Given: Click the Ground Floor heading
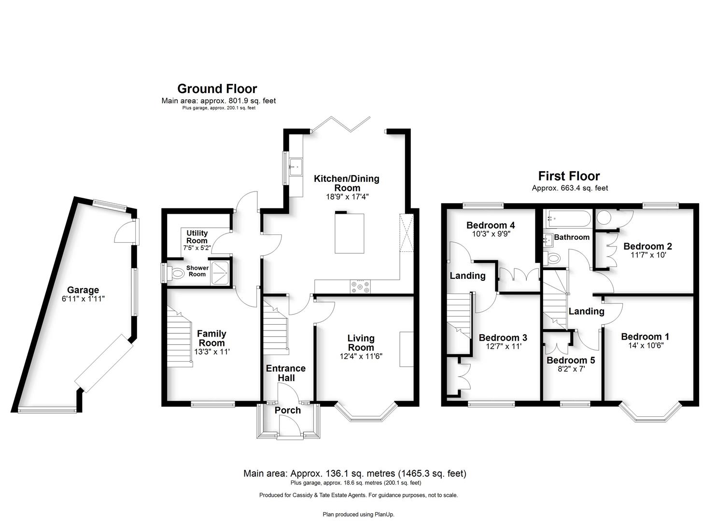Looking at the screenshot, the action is [x=217, y=89].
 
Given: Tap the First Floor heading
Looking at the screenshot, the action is [x=569, y=176].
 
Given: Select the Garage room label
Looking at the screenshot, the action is [x=83, y=290].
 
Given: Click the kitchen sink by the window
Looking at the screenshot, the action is [x=296, y=167].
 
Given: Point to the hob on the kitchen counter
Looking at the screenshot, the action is [x=360, y=286].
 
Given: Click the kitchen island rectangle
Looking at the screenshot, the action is [x=350, y=233].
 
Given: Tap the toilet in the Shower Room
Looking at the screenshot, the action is [x=175, y=273].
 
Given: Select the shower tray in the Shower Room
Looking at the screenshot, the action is [x=220, y=273].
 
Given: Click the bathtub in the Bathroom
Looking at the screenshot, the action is [x=568, y=219].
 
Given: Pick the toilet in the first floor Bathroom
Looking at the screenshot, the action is [x=551, y=258].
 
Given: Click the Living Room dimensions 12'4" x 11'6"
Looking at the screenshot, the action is [x=361, y=356].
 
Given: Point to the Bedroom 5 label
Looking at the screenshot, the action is [x=571, y=360].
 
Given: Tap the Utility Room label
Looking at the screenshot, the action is [x=197, y=237].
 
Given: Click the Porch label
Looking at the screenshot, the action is [x=287, y=410].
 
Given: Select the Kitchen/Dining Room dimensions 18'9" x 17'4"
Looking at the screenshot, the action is [x=347, y=196].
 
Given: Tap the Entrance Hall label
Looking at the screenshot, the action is [x=286, y=373].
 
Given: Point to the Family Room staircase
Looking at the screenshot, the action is [x=180, y=337].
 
